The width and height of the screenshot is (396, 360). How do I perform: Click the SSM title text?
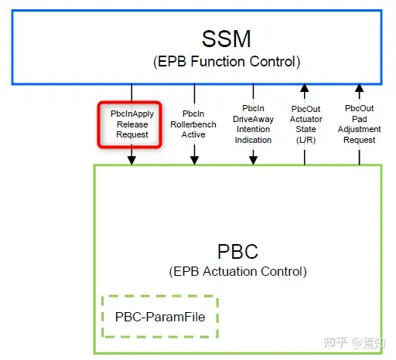pos(226,39)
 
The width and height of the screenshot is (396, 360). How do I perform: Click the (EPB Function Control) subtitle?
pos(227,62)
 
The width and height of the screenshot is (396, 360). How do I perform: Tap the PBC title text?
pos(237,251)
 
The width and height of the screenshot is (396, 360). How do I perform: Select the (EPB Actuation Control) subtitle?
pos(237,271)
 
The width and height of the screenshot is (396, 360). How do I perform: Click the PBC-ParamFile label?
pos(160,317)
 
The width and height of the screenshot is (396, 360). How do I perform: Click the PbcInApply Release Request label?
pos(132,124)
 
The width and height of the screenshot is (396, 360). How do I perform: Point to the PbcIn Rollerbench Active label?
pos(193,124)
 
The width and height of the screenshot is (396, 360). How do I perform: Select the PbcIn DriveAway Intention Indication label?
pos(253,124)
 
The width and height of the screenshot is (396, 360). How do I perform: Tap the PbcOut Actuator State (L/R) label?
pos(306,124)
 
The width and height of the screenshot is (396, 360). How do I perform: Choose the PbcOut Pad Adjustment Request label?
pos(360,124)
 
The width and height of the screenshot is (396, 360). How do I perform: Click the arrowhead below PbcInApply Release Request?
pos(131,160)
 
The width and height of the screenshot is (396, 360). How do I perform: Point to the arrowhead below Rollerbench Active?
pos(194,160)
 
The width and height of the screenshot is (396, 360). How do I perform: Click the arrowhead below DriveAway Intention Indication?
pos(253,160)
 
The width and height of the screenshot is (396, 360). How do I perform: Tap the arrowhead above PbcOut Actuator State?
pos(305,88)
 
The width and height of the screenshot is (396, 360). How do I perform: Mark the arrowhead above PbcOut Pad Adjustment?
pos(360,88)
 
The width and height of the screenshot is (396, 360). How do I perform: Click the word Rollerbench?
pos(193,124)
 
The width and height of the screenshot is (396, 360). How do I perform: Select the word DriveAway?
pos(253,119)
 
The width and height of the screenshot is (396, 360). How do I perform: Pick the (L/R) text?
pos(306,140)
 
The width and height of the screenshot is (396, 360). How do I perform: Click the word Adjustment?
pos(360,129)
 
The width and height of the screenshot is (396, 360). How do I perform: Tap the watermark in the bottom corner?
pos(354,343)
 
